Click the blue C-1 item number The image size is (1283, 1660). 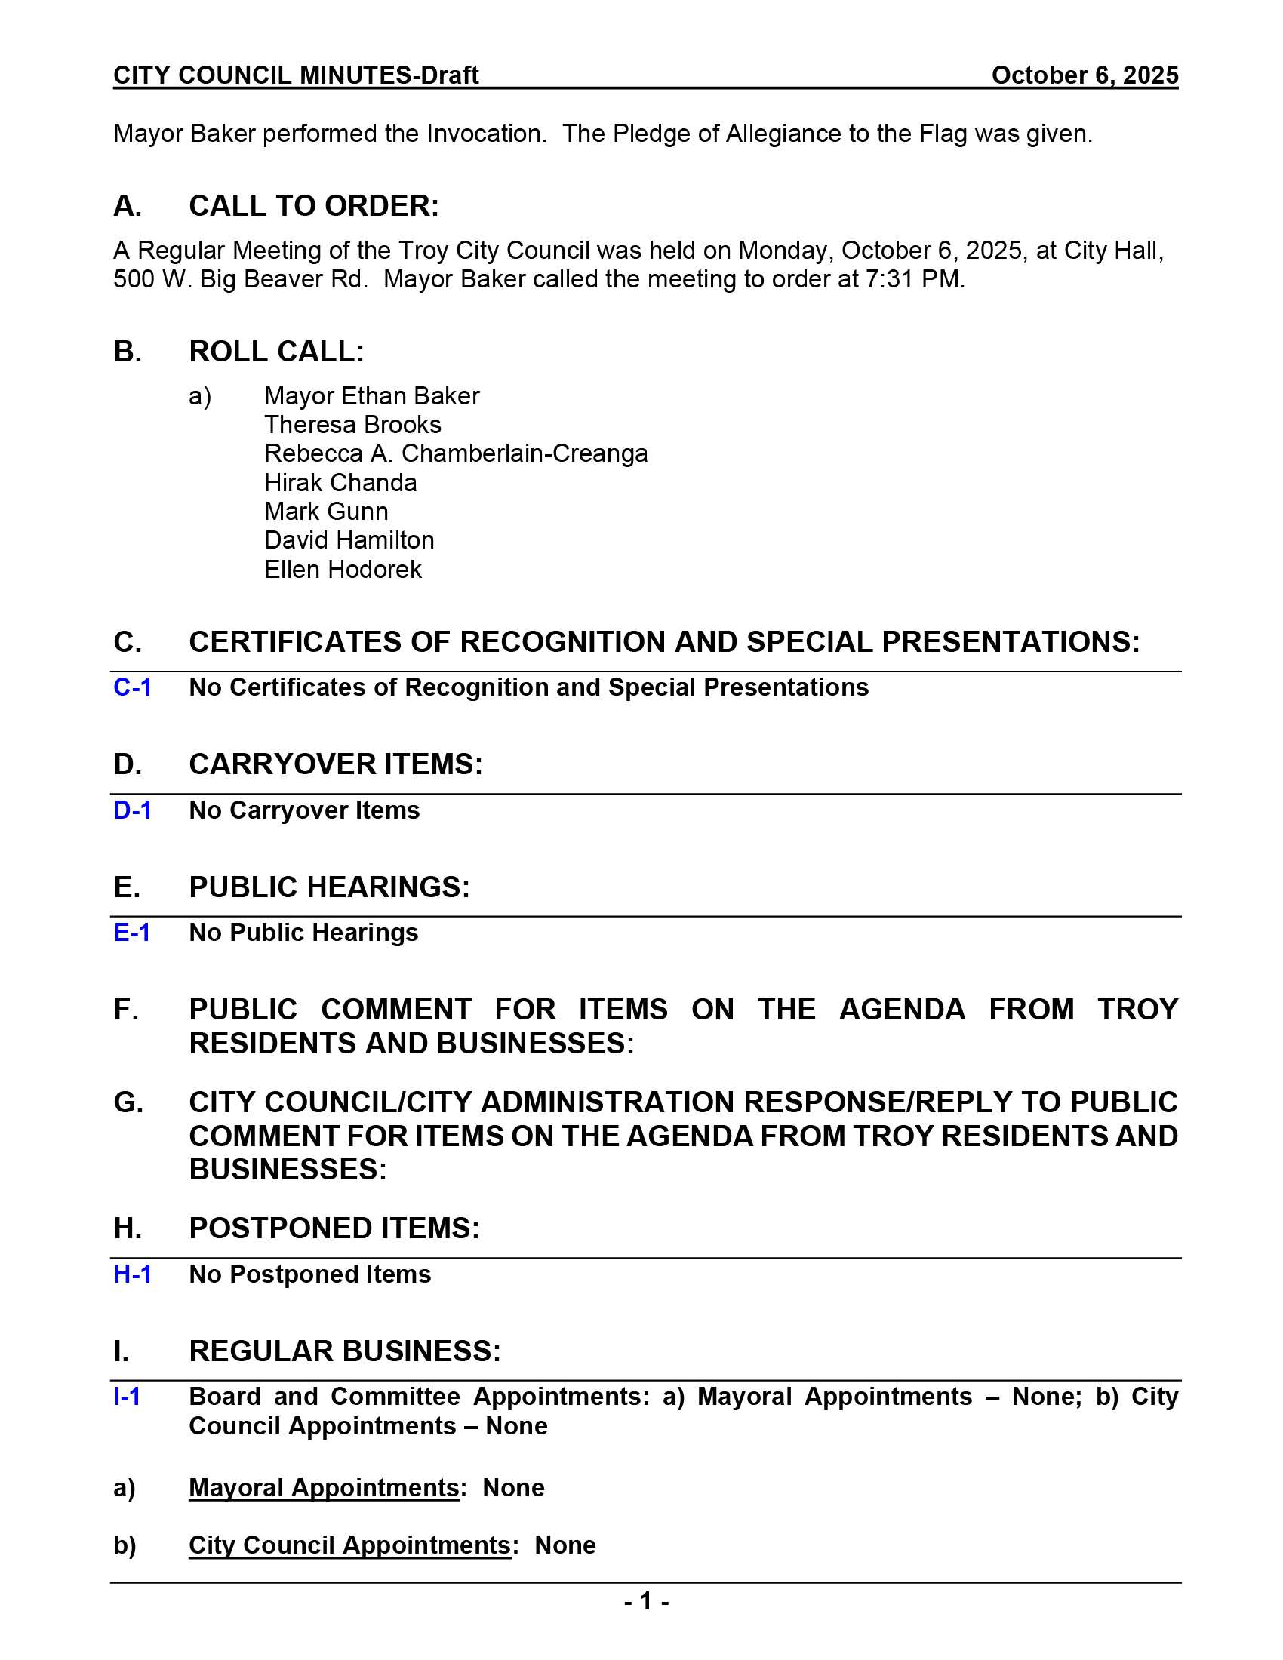tap(132, 687)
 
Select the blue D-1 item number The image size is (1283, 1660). tap(132, 810)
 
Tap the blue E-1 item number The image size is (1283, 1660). tap(131, 933)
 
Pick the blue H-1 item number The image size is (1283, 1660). tap(132, 1274)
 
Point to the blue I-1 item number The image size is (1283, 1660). tap(127, 1397)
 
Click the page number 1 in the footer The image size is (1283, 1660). tap(646, 1602)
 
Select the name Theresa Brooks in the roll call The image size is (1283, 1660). tap(352, 424)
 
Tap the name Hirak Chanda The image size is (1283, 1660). tap(340, 483)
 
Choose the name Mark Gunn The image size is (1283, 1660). tap(325, 512)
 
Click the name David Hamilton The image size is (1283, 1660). tap(349, 540)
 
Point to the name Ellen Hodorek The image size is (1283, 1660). tap(342, 569)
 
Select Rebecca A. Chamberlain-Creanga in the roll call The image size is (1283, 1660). tap(455, 453)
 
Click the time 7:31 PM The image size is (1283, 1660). tap(914, 280)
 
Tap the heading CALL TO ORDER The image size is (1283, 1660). tap(313, 206)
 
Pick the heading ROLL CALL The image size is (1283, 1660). tap(276, 352)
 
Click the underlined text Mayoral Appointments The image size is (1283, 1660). tap(323, 1488)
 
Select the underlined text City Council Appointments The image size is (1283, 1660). tap(349, 1545)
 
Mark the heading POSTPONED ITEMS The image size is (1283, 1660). tap(334, 1228)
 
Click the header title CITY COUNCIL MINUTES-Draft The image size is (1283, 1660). tap(296, 75)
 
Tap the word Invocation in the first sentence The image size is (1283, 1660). tap(486, 134)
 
